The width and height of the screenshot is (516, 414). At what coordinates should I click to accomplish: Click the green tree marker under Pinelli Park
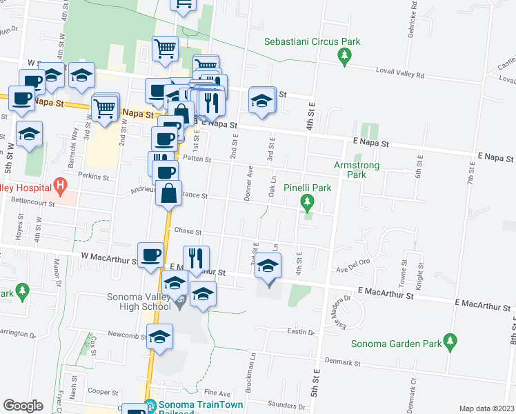pos(308,202)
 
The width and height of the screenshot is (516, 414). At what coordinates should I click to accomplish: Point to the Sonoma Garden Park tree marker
pos(450,341)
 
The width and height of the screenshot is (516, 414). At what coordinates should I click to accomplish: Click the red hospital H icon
pos(61,186)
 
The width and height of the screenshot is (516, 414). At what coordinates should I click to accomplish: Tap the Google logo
pos(23,406)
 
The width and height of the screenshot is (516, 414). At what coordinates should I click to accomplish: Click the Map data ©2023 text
pos(486,408)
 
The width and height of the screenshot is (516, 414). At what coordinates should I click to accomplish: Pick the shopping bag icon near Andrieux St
pos(169,194)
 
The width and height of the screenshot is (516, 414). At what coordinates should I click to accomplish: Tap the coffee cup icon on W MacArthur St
pos(151,255)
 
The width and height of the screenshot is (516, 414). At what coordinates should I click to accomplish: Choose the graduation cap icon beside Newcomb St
pos(159,336)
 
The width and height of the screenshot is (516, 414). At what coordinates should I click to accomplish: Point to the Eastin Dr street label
pos(301,333)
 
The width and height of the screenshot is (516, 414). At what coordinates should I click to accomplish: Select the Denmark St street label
pos(344,362)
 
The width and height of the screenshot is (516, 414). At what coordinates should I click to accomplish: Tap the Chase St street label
pos(187,232)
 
